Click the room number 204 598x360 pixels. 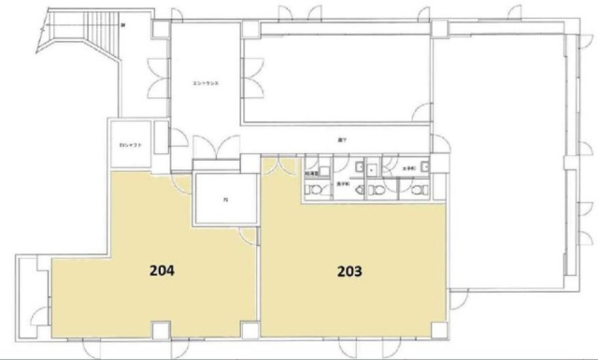162,272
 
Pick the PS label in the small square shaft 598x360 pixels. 224,197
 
